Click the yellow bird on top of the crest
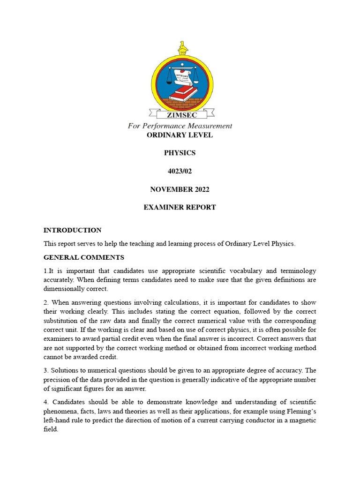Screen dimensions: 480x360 pyautogui.click(x=182, y=48)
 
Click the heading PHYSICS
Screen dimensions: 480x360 pyautogui.click(x=180, y=153)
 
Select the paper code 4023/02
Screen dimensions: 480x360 pyautogui.click(x=180, y=171)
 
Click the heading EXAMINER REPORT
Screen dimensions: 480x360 pyautogui.click(x=180, y=207)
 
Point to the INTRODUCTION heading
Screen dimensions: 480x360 pyautogui.click(x=72, y=230)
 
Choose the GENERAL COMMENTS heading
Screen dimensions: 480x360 pyautogui.click(x=84, y=257)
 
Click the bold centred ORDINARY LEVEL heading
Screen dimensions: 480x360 pyautogui.click(x=180, y=135)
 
